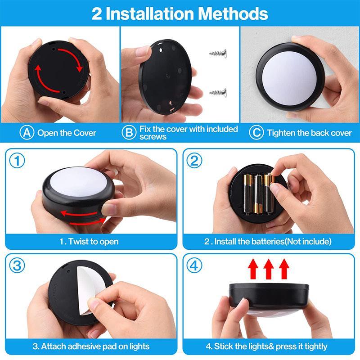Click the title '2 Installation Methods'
(180, 13)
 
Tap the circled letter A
(27, 133)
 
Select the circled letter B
(129, 133)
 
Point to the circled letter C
(256, 133)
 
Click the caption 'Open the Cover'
(67, 133)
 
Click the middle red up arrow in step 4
(268, 269)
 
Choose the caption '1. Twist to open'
(89, 242)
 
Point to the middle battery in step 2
(258, 193)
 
